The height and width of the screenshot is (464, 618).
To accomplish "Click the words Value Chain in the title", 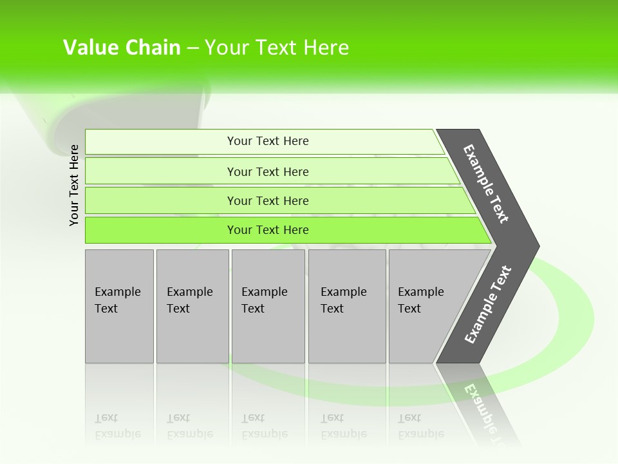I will pyautogui.click(x=122, y=48).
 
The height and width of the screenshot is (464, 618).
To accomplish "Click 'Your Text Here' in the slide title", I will pyautogui.click(x=277, y=48).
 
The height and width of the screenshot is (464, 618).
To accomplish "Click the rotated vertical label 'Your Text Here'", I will pyautogui.click(x=74, y=185).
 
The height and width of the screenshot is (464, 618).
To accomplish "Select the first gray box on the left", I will pyautogui.click(x=119, y=306).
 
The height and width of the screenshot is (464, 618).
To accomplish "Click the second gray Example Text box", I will pyautogui.click(x=192, y=306).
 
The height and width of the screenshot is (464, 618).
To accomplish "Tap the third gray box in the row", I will pyautogui.click(x=268, y=306).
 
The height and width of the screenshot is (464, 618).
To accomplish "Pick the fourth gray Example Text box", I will pyautogui.click(x=347, y=306).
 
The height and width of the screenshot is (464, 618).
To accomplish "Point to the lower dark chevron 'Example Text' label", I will pyautogui.click(x=488, y=304).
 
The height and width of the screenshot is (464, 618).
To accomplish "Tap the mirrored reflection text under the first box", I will pyautogui.click(x=117, y=426).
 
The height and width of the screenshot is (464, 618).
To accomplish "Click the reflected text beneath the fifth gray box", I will pyautogui.click(x=420, y=426).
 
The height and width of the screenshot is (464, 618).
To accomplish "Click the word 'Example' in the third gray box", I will pyautogui.click(x=264, y=292).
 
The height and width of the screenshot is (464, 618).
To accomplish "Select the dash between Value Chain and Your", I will pyautogui.click(x=192, y=48).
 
